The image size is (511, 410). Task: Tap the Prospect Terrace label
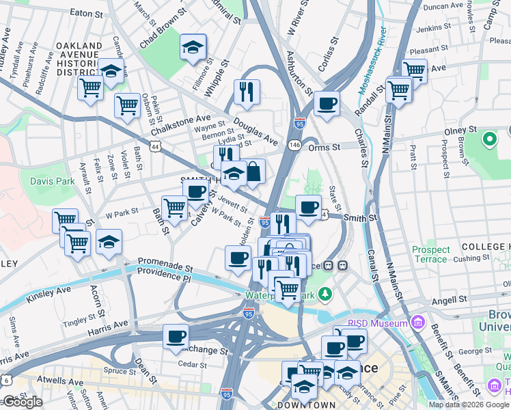click(x=430, y=255)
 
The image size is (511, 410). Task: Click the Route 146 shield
click(x=294, y=145)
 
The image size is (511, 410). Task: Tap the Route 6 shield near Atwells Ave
click(x=6, y=379)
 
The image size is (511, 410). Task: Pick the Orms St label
click(x=324, y=147)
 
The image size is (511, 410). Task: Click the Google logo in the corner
click(x=23, y=402)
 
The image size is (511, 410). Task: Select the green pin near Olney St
click(x=489, y=140)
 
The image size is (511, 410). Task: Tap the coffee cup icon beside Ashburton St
click(x=327, y=104)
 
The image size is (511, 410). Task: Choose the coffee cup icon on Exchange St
click(x=176, y=337)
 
